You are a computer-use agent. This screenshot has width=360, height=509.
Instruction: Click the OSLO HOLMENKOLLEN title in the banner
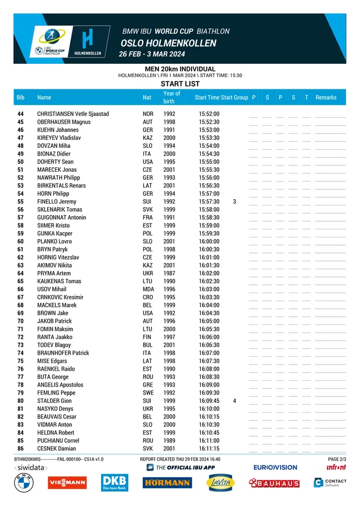(168, 44)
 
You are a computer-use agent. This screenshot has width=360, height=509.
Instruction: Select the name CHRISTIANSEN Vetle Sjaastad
(73, 114)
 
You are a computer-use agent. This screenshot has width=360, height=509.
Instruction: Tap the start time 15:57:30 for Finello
(208, 201)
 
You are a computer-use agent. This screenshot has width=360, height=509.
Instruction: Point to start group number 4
(234, 401)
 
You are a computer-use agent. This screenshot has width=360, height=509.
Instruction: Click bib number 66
(20, 289)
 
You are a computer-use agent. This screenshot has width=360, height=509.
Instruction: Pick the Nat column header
(147, 98)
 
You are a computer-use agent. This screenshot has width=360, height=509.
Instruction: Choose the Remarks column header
(326, 98)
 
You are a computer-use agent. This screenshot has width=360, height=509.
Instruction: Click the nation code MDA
(148, 289)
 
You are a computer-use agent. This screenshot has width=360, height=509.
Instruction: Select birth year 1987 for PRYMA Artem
(169, 273)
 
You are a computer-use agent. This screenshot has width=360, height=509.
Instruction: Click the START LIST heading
(180, 84)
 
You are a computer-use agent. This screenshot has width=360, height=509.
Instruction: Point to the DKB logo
(114, 482)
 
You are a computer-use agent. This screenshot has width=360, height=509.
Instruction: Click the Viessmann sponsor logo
(67, 482)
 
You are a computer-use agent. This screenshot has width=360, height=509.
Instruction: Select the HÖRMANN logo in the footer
(167, 483)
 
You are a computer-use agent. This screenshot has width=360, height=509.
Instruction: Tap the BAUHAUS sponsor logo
(274, 483)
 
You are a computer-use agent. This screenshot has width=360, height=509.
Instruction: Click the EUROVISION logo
(275, 467)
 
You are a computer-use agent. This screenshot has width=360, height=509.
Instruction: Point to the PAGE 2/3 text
(337, 459)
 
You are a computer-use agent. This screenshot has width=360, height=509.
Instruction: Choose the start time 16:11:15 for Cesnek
(208, 449)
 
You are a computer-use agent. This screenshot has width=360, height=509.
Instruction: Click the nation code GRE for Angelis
(148, 385)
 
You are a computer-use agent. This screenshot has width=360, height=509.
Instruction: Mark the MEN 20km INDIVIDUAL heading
(180, 69)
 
